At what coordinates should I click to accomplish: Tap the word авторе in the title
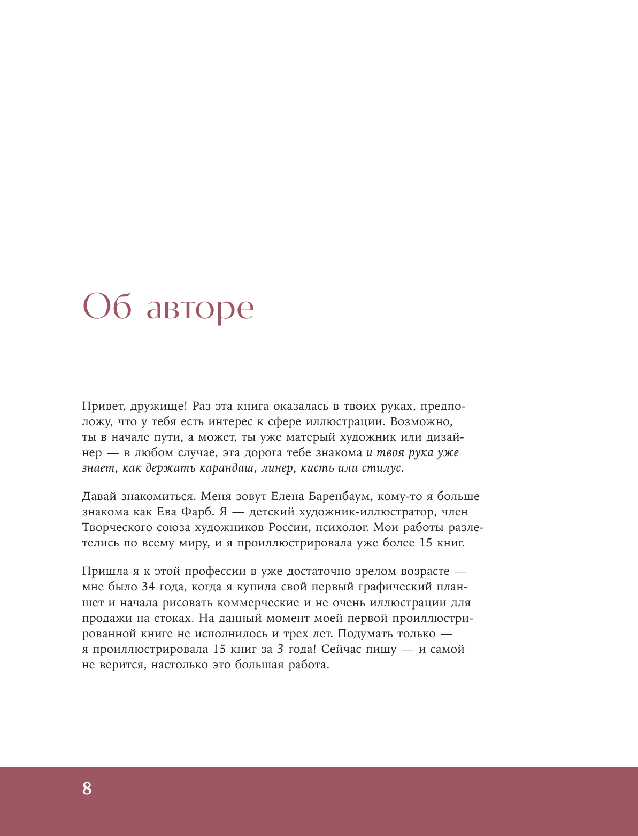click(x=200, y=309)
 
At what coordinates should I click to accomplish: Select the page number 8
click(x=87, y=788)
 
